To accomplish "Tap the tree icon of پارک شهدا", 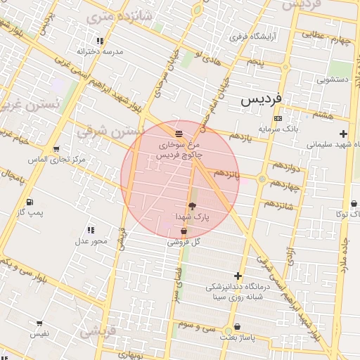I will (x=192, y=206).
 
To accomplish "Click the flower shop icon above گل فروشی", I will (x=184, y=231).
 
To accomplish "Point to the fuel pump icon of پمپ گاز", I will (x=29, y=202).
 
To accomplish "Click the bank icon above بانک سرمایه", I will (x=277, y=119).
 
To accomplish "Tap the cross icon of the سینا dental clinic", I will (x=238, y=276).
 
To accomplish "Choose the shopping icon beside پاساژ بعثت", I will (x=237, y=326).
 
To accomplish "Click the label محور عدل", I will (x=91, y=241).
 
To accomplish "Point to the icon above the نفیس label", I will (x=39, y=323).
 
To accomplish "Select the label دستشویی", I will (x=334, y=79).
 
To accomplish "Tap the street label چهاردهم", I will (x=287, y=186).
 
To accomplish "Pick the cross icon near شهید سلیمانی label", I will (x=343, y=134).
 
